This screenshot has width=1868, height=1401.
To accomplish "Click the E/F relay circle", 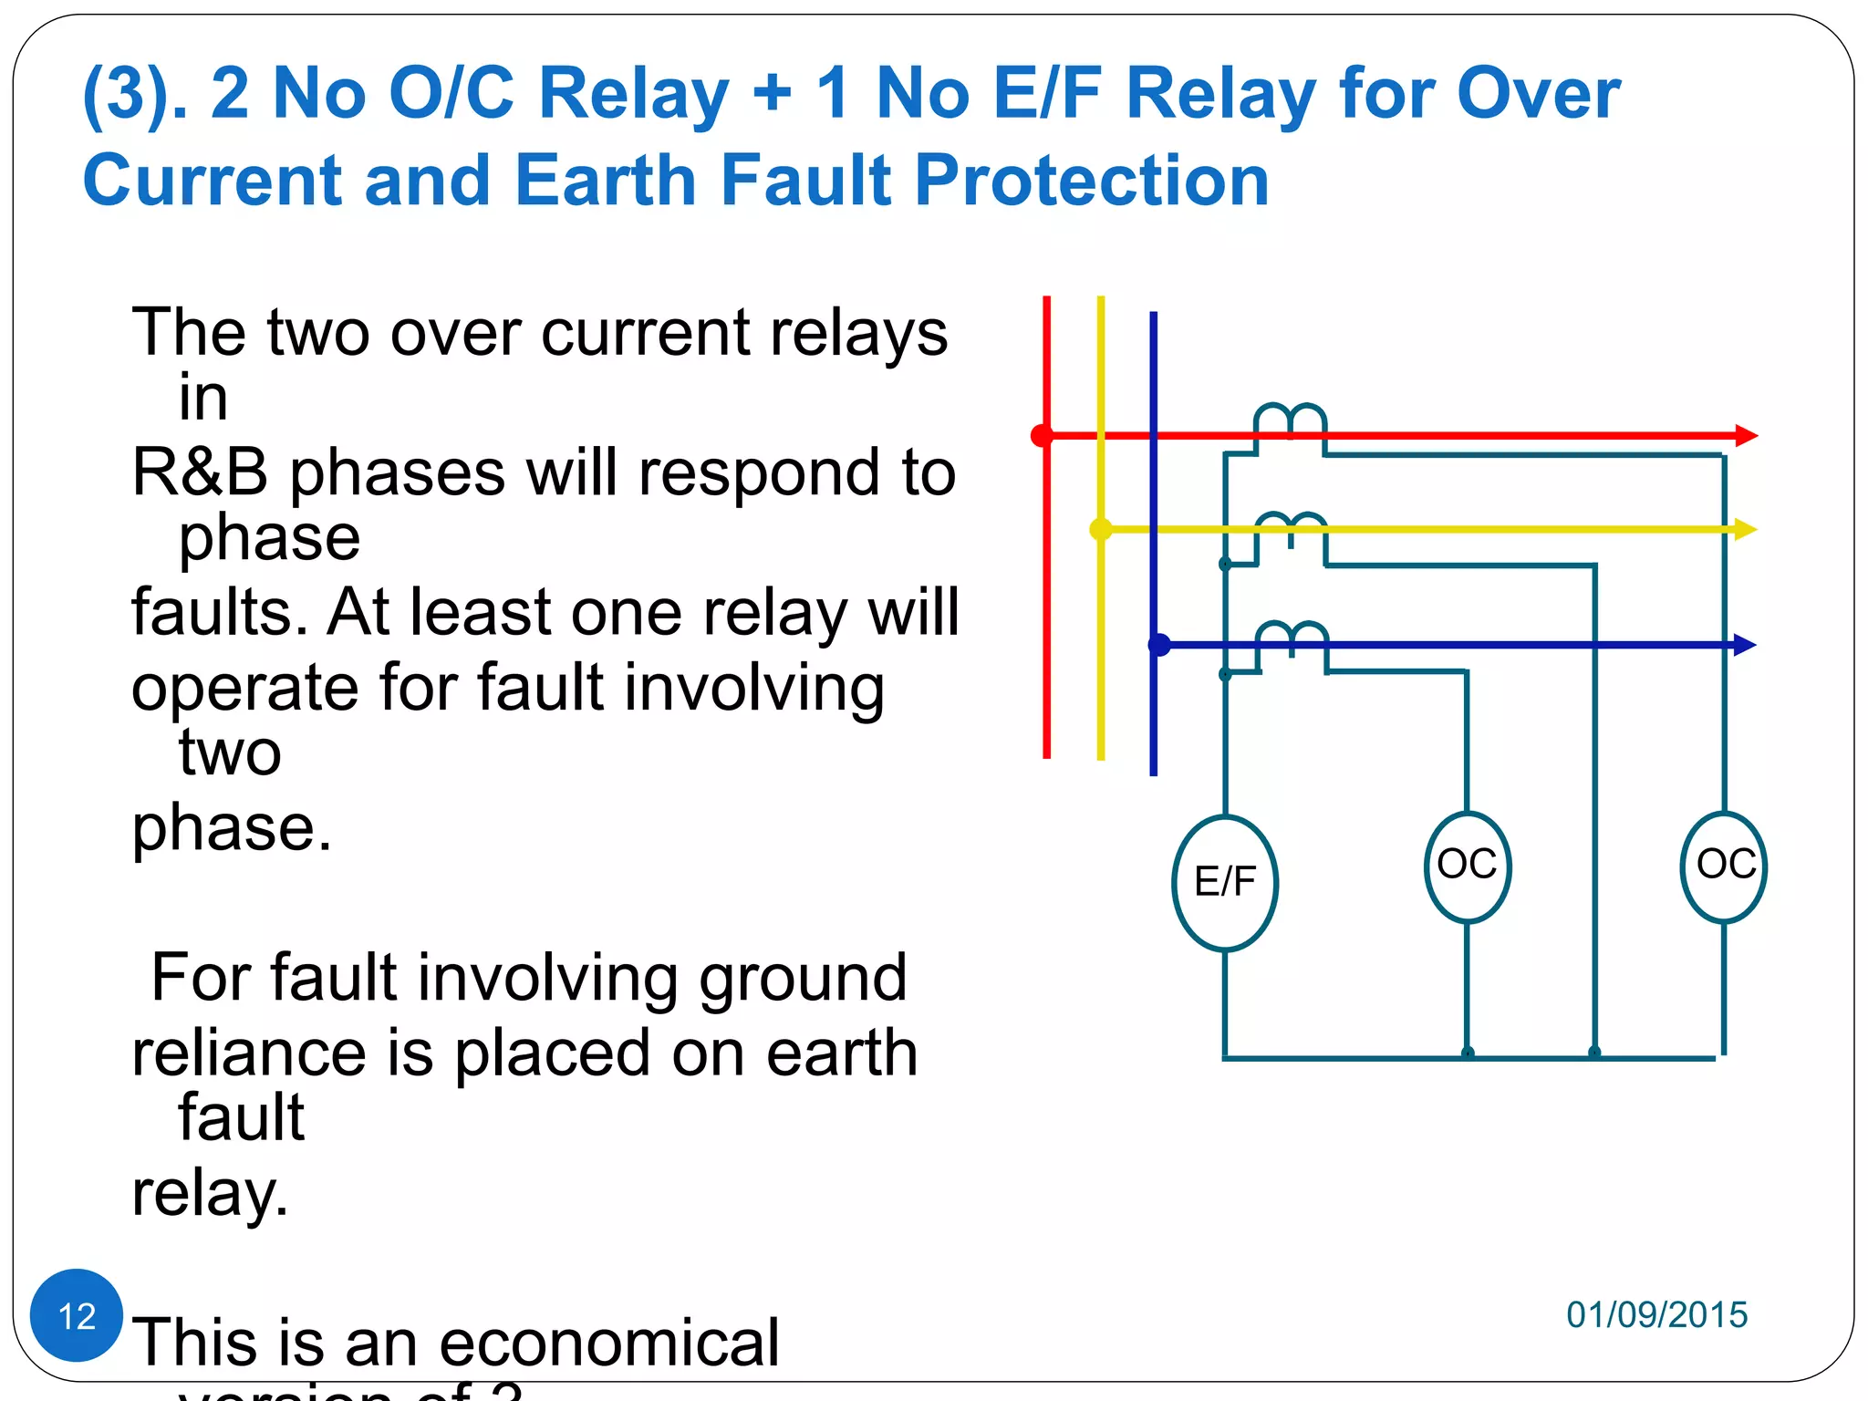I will coord(1225,883).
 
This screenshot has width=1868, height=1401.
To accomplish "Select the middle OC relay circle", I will coord(1467,867).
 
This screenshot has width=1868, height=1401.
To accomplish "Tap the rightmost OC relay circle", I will coord(1724,867).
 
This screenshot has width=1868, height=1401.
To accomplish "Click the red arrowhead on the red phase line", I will coord(1746,436).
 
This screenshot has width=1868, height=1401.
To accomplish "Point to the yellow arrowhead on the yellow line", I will coord(1745,529).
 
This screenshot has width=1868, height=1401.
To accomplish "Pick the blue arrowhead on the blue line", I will coord(1744,645).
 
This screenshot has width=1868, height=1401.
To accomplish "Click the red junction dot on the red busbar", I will coord(1043,436).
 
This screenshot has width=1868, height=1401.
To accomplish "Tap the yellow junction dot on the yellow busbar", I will coord(1102,529).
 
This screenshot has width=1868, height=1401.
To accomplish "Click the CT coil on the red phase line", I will coord(1290,420).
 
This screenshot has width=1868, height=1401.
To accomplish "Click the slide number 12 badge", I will coord(77,1315).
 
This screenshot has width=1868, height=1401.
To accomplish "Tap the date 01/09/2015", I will coord(1656,1314).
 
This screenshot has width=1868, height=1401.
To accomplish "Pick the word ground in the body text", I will coord(803,978).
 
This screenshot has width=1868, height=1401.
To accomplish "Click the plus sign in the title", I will coord(773,93).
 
